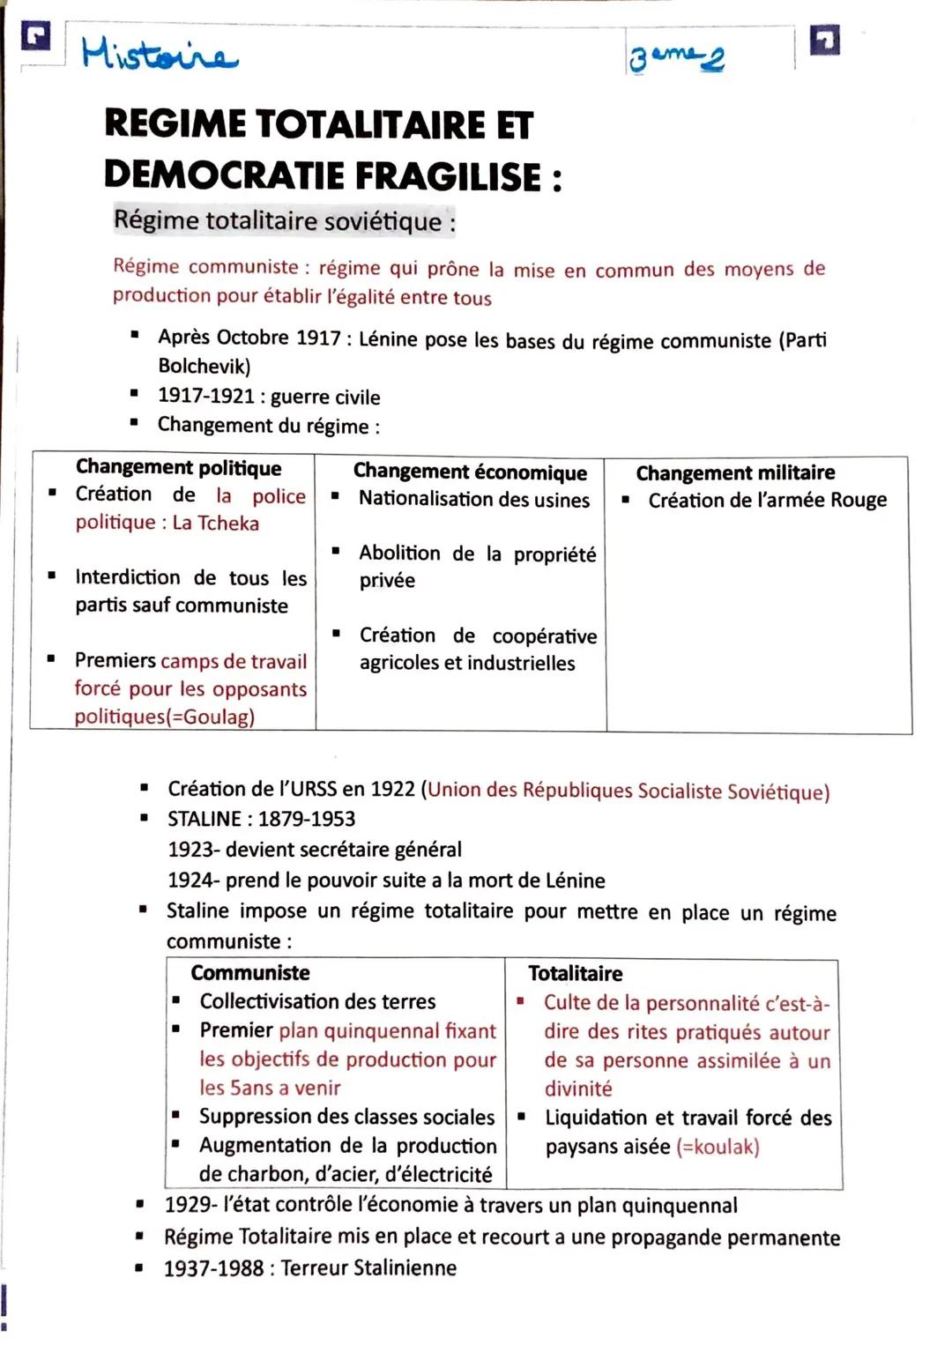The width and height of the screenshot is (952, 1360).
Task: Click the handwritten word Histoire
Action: click(x=159, y=55)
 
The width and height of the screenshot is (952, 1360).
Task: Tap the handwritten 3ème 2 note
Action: click(x=676, y=59)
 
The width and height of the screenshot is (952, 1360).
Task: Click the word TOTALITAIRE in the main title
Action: click(x=369, y=124)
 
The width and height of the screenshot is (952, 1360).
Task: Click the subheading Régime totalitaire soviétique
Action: click(x=284, y=220)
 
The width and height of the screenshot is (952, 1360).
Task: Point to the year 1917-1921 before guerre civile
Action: click(x=205, y=396)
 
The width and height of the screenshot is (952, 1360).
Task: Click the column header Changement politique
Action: click(x=178, y=467)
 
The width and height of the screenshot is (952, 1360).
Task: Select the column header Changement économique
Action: click(x=470, y=472)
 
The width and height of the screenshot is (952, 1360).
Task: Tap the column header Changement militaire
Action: click(x=735, y=472)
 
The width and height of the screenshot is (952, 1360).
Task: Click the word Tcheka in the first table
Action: click(x=228, y=523)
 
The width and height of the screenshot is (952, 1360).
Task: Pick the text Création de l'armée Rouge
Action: click(x=767, y=500)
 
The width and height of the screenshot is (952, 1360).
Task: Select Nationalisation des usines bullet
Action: click(x=473, y=499)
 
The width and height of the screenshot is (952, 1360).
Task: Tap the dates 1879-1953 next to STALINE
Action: click(x=306, y=819)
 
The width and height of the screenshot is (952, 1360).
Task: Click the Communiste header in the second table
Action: click(x=250, y=972)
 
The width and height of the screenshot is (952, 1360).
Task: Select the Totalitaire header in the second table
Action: click(x=575, y=973)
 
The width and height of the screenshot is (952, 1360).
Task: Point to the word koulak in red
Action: click(x=721, y=1147)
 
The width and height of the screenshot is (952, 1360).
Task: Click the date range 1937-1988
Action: click(x=213, y=1267)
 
